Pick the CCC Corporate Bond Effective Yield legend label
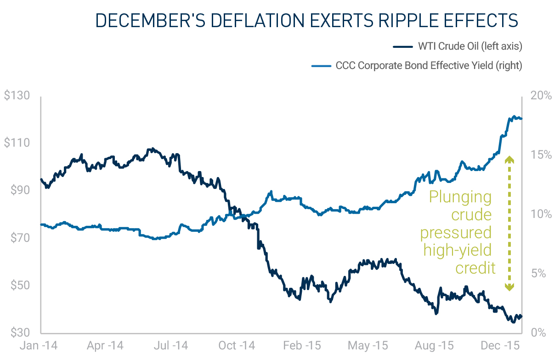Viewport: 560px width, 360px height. (429, 66)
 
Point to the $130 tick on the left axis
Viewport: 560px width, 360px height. (17, 96)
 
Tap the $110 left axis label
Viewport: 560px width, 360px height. (17, 143)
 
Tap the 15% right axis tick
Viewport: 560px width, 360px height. (541, 155)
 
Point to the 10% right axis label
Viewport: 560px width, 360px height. (541, 215)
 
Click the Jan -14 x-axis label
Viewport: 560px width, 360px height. (40, 346)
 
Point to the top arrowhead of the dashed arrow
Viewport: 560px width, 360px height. (509, 159)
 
